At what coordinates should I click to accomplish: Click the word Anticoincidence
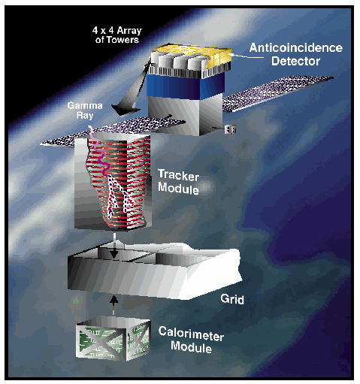pyautogui.click(x=295, y=47)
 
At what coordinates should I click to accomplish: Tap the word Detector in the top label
pyautogui.click(x=295, y=61)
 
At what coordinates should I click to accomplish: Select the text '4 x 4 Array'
pyautogui.click(x=117, y=31)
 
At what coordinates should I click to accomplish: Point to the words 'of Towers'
pyautogui.click(x=117, y=40)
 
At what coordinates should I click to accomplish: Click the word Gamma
pyautogui.click(x=85, y=105)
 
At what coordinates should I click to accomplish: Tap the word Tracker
pyautogui.click(x=178, y=174)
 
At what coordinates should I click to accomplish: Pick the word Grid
pyautogui.click(x=232, y=299)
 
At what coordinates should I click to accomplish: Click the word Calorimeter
pyautogui.click(x=191, y=334)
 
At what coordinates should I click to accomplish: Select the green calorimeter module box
pyautogui.click(x=113, y=338)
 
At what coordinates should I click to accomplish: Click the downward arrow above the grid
pyautogui.click(x=114, y=246)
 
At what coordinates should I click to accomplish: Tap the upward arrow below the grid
pyautogui.click(x=114, y=305)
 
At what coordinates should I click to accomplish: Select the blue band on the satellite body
pyautogui.click(x=186, y=85)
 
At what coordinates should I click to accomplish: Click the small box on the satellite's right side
pyautogui.click(x=230, y=129)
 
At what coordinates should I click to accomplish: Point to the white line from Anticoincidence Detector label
pyautogui.click(x=247, y=56)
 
